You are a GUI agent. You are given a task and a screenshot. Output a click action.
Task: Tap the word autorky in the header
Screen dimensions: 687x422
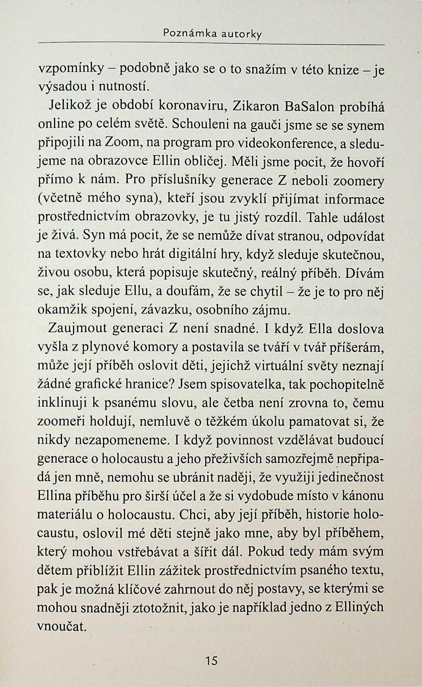tap(241, 34)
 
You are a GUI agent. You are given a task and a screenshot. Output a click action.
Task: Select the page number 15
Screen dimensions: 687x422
tap(211, 660)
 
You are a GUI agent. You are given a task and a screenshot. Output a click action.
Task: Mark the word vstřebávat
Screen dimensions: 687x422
tap(151, 552)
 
